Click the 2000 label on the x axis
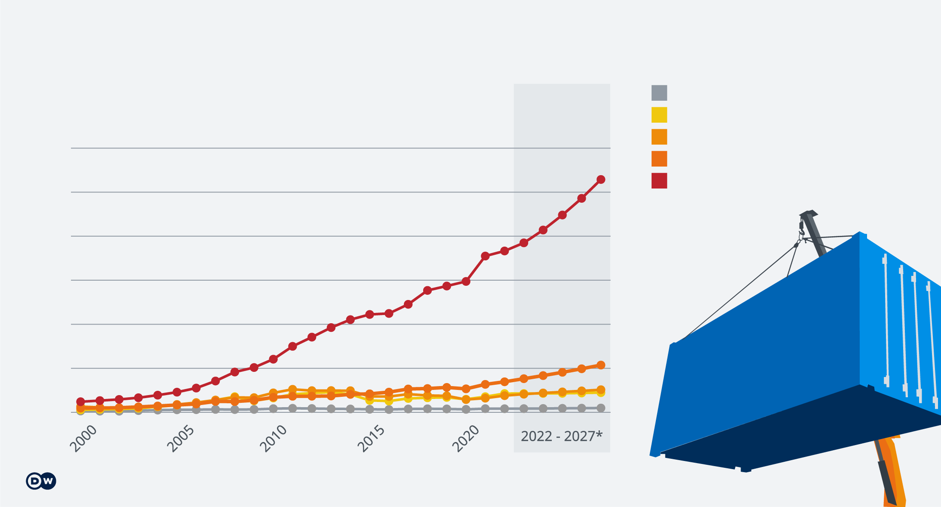[83, 439]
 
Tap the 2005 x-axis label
[180, 439]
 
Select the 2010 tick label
[273, 439]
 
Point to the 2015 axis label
[371, 439]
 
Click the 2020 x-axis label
[465, 439]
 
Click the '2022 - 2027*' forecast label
[561, 436]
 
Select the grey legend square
[659, 93]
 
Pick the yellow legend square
[659, 115]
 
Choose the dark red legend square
[659, 181]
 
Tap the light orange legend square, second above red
[659, 137]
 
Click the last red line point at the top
[601, 179]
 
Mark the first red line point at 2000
[80, 402]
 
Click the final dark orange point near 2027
[601, 365]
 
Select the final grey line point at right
[601, 408]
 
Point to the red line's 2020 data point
[466, 281]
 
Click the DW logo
[41, 481]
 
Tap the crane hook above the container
[801, 232]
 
